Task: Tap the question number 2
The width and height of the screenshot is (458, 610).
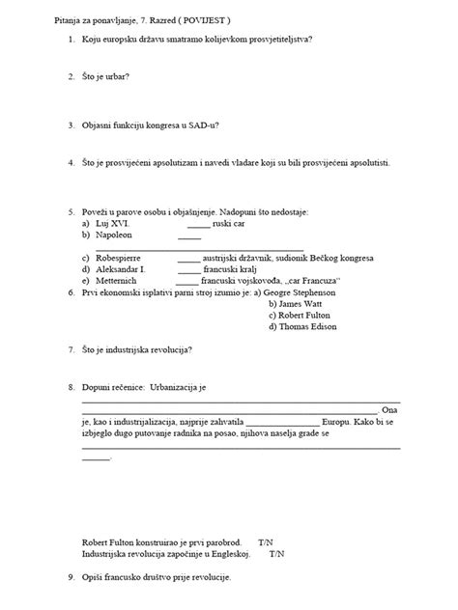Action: [72, 75]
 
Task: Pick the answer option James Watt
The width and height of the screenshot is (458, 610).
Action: [300, 302]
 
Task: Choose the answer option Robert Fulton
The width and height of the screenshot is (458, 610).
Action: [302, 314]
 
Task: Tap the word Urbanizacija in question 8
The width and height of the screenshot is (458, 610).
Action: [181, 387]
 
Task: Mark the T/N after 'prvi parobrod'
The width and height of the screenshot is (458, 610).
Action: [267, 543]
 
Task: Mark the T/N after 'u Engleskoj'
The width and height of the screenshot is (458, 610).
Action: [277, 555]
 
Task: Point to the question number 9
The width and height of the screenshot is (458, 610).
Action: [72, 576]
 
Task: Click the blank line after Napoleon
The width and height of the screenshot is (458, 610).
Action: [189, 236]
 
